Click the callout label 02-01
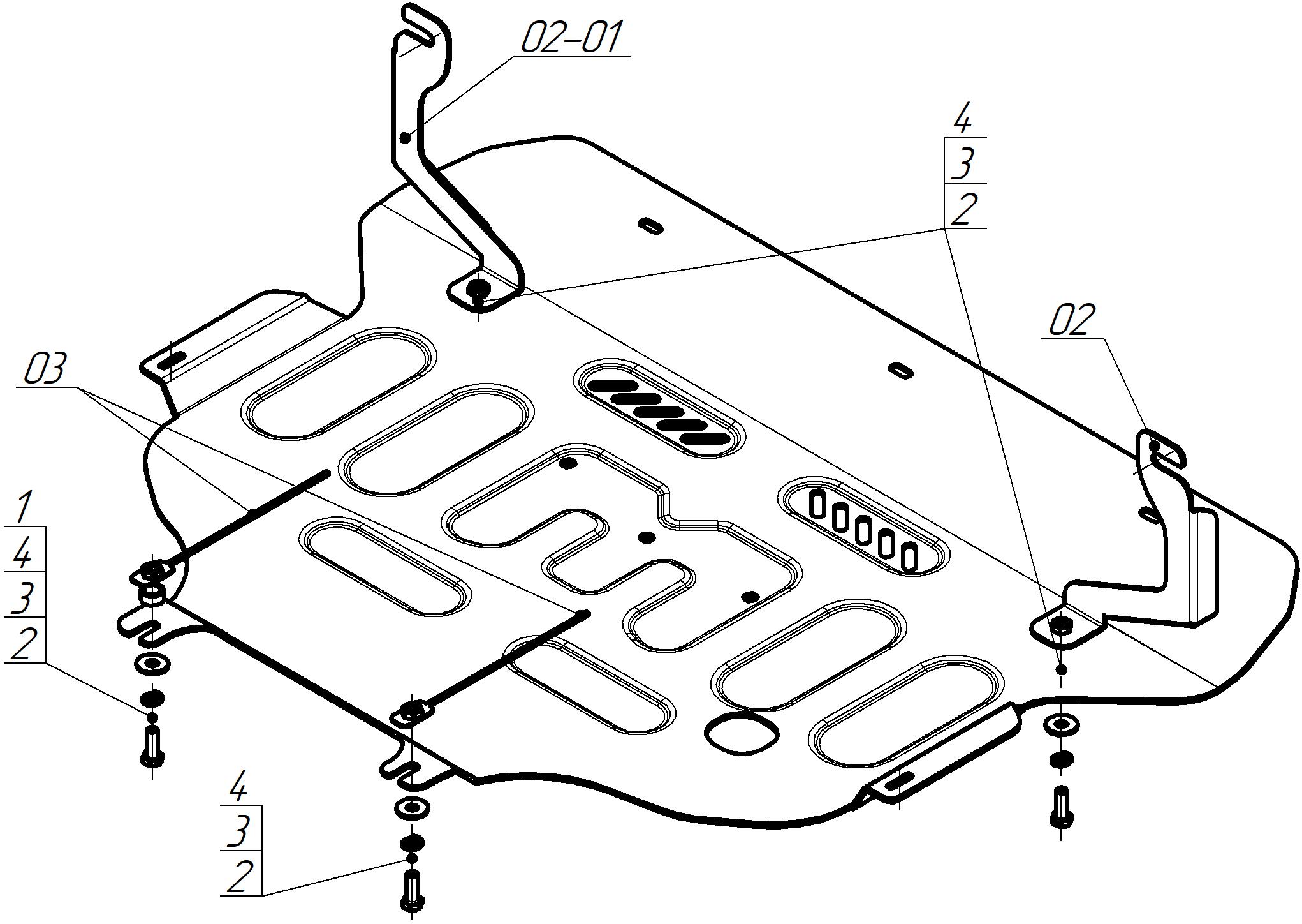click(570, 38)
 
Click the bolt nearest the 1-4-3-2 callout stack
click(152, 747)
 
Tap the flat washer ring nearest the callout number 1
click(152, 664)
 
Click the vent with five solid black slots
click(659, 408)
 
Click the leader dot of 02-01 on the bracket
click(404, 137)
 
